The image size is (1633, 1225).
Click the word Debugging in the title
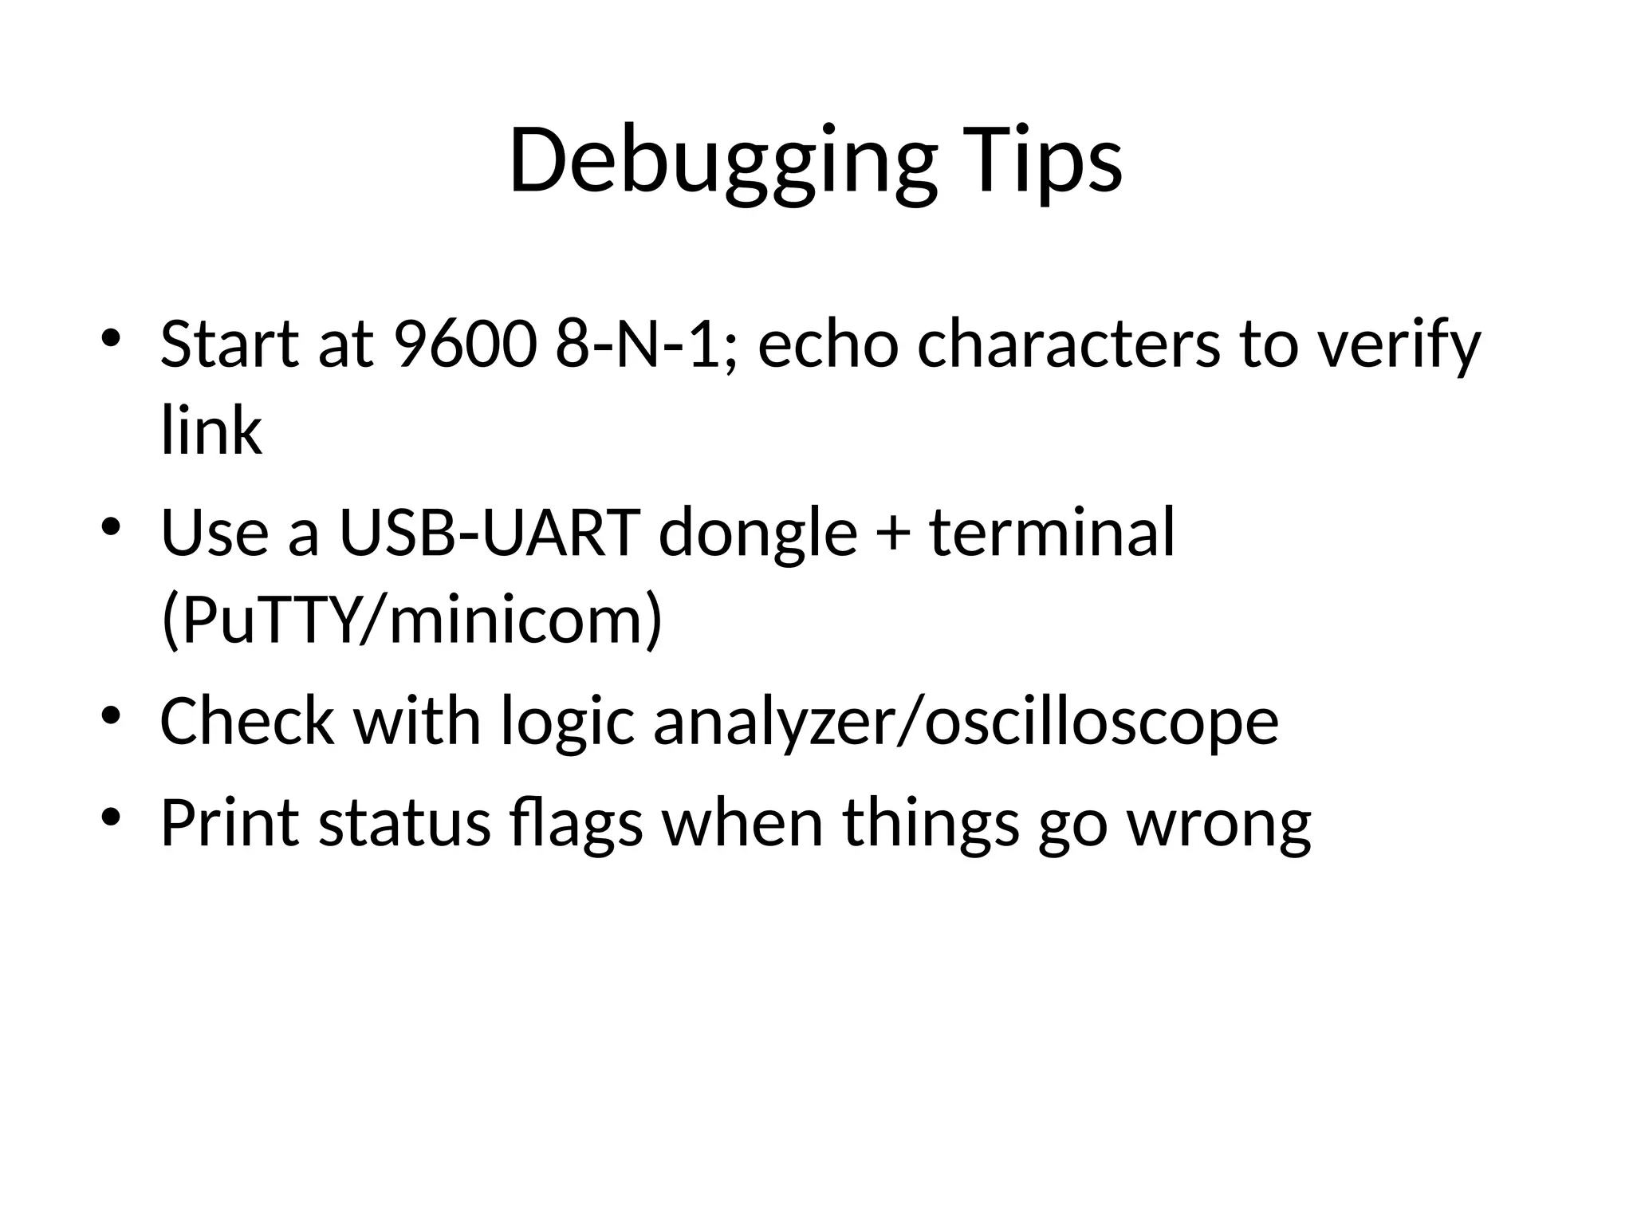click(x=722, y=163)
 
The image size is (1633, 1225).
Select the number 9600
click(x=464, y=345)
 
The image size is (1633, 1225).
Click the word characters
click(x=1068, y=345)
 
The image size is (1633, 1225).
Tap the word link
click(x=211, y=431)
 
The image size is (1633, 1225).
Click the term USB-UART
click(x=490, y=533)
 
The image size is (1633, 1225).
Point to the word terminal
click(x=1053, y=533)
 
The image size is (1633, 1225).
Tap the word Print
click(x=230, y=823)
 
